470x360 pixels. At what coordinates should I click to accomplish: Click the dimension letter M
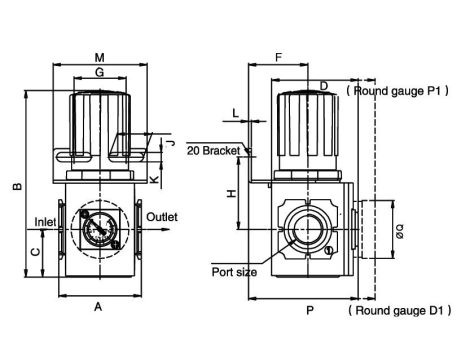pos(100,58)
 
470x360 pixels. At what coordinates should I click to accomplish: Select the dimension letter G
pos(100,72)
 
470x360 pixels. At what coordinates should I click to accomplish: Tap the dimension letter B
pos(17,186)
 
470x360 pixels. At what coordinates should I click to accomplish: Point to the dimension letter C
pos(35,251)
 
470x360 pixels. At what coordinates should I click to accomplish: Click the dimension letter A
pos(98,306)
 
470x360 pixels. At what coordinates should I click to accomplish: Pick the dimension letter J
pos(171,143)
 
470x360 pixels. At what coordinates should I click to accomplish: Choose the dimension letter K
pos(154,180)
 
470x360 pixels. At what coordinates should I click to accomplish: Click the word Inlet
pos(45,222)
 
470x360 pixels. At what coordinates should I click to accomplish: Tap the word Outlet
pos(162,217)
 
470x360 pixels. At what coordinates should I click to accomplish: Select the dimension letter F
pos(279,58)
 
